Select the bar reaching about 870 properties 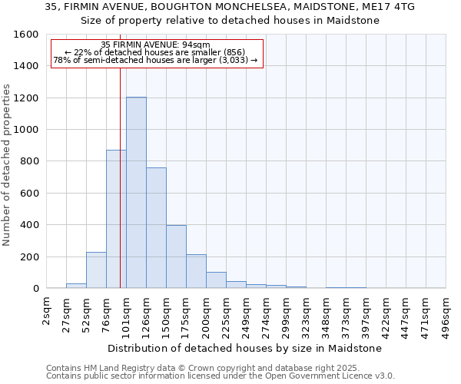[x=116, y=219]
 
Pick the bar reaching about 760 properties [x=156, y=227]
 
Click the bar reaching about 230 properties [x=96, y=270]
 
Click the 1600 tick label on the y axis [x=27, y=35]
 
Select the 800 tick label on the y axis [x=30, y=161]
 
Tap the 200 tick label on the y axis [x=30, y=257]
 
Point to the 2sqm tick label [x=46, y=312]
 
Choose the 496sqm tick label [x=446, y=316]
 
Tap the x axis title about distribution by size [x=244, y=348]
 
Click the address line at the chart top [x=230, y=7]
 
